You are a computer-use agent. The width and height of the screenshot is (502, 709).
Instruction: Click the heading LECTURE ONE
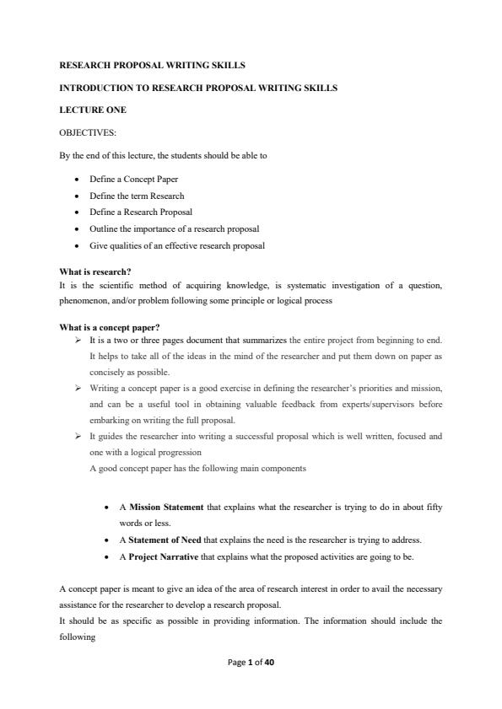[x=93, y=110]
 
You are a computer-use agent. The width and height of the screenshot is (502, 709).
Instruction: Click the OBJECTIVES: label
[x=88, y=132]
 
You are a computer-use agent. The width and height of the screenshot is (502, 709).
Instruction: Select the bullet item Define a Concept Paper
[x=133, y=179]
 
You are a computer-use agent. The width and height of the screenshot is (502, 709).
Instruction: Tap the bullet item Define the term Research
[x=137, y=196]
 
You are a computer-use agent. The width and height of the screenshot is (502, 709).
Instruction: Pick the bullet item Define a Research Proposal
[x=141, y=212]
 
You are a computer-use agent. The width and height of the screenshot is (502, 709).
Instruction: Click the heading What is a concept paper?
[x=110, y=327]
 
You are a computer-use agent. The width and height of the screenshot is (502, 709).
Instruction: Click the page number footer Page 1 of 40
[x=251, y=663]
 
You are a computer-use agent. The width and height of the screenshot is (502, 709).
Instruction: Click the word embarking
[x=109, y=421]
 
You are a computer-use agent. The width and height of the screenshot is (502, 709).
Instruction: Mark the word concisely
[x=106, y=372]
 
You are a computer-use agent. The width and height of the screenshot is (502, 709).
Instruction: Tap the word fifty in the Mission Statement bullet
[x=434, y=508]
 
